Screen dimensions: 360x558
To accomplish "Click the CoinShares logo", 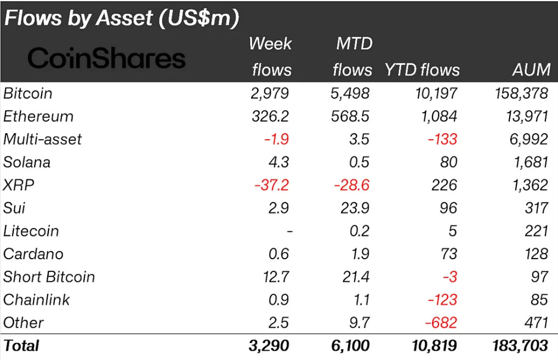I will [x=106, y=59].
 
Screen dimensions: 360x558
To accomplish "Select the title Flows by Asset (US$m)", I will [x=122, y=18].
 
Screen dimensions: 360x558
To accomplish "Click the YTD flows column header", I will [x=423, y=70].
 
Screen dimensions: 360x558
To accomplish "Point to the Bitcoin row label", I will [x=28, y=93].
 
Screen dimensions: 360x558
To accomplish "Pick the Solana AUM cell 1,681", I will [x=529, y=162].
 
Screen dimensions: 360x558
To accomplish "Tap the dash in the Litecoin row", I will [x=289, y=231].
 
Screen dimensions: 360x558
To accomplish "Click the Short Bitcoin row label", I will [x=49, y=277].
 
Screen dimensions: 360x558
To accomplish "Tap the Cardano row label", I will [x=33, y=254].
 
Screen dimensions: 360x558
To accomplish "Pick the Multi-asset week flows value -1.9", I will [x=276, y=139].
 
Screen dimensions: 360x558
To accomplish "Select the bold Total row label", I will [x=21, y=346].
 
